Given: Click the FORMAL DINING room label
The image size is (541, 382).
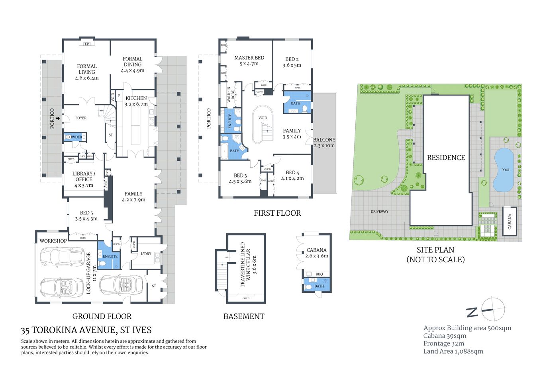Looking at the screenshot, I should click(133, 62).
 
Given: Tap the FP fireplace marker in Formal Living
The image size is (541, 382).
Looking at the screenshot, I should click(87, 44).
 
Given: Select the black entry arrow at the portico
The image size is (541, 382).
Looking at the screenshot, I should click(58, 118).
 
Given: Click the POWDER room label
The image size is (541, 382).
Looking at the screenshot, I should click(74, 137).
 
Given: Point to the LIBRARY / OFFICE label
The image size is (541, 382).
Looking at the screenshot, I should click(84, 176).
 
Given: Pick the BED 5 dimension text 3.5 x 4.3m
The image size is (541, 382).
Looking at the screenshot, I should click(86, 219).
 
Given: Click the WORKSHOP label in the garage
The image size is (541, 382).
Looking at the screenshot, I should click(53, 241).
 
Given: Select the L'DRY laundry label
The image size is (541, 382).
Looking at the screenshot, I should click(146, 253).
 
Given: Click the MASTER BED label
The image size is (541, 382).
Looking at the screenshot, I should click(249, 58).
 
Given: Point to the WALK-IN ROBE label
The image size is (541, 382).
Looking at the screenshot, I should click(231, 95).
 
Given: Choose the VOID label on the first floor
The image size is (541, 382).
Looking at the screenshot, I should click(263, 118).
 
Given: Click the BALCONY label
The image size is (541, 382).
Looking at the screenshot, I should click(324, 140).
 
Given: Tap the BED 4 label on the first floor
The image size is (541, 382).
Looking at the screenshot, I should click(292, 173).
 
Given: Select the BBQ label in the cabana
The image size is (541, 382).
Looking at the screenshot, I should click(319, 274).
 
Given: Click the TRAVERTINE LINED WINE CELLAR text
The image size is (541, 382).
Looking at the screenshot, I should click(245, 265).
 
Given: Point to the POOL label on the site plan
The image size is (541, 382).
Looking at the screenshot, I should click(506, 170).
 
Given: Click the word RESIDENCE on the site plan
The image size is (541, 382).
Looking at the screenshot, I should click(446, 158).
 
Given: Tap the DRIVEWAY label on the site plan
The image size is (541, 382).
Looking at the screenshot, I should click(379, 212).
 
